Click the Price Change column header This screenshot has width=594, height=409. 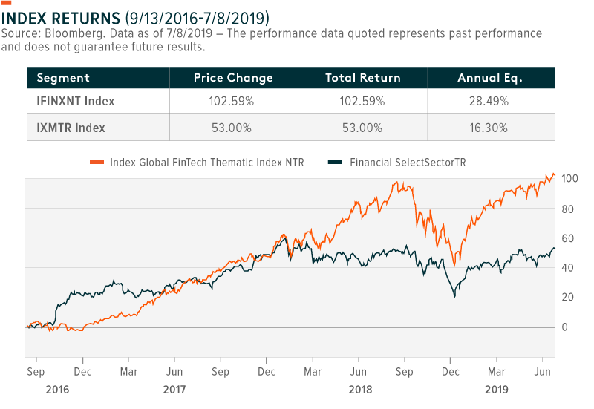(233, 78)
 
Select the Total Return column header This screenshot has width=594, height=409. (363, 78)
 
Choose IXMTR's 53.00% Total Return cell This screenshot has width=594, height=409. (363, 128)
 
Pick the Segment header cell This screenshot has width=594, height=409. (63, 78)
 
